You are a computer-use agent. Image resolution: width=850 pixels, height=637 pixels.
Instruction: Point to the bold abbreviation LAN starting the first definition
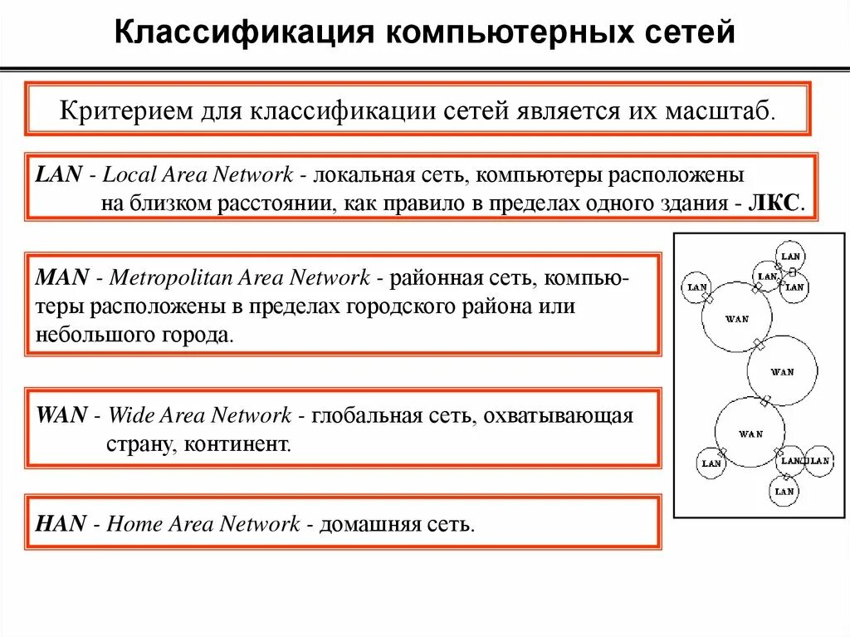[59, 174]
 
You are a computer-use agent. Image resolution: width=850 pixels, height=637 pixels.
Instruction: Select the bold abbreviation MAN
[61, 277]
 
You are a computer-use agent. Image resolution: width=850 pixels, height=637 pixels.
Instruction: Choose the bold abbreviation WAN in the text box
[61, 414]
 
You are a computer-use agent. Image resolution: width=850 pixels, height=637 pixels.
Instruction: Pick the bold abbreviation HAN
[61, 523]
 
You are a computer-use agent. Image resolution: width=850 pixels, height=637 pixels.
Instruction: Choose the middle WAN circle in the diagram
[782, 370]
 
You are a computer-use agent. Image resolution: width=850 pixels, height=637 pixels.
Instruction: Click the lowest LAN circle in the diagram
[784, 491]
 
